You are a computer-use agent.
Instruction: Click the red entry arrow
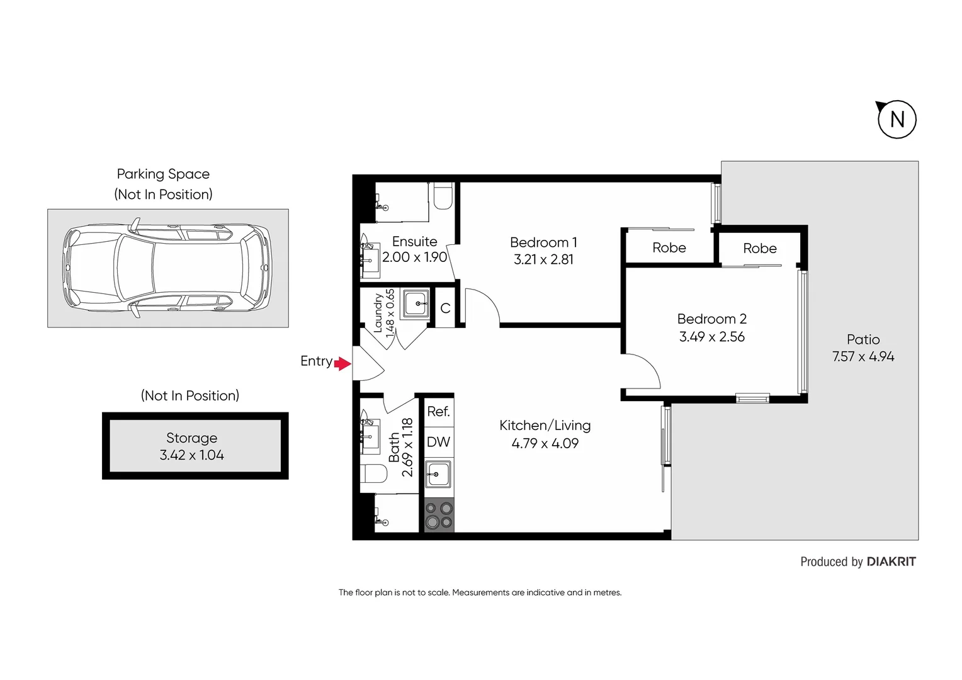tap(342, 363)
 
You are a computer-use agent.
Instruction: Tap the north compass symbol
tap(897, 119)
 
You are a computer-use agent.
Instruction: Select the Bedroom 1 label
tap(543, 242)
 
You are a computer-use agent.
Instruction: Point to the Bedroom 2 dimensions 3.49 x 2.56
tap(711, 337)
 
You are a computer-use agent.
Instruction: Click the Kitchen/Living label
tap(545, 426)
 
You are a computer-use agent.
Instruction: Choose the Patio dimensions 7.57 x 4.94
tap(863, 356)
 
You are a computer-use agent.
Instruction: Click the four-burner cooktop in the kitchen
tap(439, 515)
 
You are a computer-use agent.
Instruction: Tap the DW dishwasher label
tap(438, 442)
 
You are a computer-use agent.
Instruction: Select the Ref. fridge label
tap(438, 412)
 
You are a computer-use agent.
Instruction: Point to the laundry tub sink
tap(416, 304)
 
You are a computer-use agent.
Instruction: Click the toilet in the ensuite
tap(443, 196)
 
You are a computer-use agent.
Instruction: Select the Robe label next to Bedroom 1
tap(669, 248)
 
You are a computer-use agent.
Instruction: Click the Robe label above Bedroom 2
tap(759, 249)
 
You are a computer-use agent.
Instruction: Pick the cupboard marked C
tap(445, 309)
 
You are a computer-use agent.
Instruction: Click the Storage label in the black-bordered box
tap(191, 438)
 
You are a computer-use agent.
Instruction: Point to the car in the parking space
tap(167, 268)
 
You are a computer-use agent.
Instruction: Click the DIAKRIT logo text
tap(891, 562)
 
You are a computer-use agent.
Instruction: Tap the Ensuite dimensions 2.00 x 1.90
tap(414, 257)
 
